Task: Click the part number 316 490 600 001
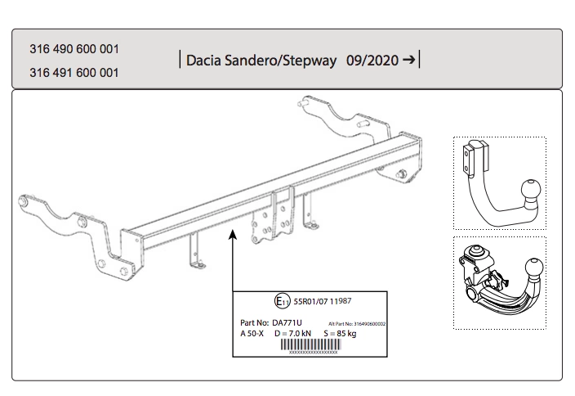pyautogui.click(x=74, y=49)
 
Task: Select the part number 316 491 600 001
pyautogui.click(x=74, y=72)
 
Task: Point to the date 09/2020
pyautogui.click(x=371, y=61)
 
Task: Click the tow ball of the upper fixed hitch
pyautogui.click(x=528, y=187)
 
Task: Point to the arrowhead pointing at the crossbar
pyautogui.click(x=233, y=235)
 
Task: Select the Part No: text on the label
pyautogui.click(x=256, y=324)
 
